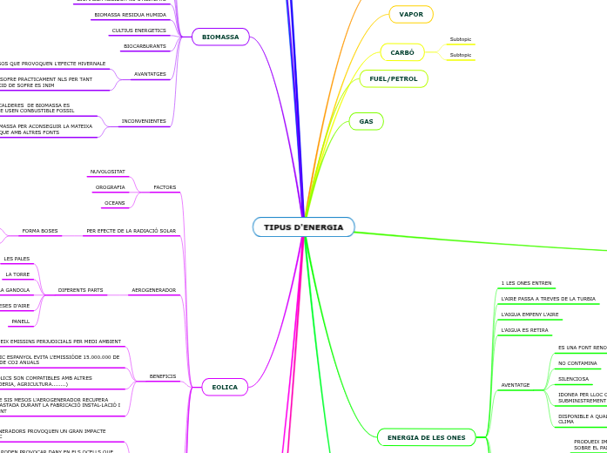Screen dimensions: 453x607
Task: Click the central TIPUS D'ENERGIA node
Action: click(303, 227)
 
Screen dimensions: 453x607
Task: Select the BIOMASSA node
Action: click(220, 37)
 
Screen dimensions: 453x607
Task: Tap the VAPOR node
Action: click(411, 14)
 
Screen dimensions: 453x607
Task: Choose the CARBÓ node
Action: click(402, 52)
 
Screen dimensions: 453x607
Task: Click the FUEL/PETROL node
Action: click(394, 78)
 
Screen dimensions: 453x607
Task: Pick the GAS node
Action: click(366, 121)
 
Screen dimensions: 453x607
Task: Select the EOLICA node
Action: click(225, 387)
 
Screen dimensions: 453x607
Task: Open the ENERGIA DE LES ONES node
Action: click(426, 437)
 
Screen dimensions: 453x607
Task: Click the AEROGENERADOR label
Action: click(153, 290)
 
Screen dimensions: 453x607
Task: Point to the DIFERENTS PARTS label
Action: click(80, 290)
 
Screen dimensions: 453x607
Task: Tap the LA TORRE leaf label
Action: click(17, 274)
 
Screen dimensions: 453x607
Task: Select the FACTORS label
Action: click(165, 187)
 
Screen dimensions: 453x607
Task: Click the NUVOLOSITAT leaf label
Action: click(107, 172)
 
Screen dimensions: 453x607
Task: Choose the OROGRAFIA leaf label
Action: click(110, 187)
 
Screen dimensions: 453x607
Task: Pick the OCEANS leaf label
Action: click(114, 203)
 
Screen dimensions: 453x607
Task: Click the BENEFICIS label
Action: click(163, 376)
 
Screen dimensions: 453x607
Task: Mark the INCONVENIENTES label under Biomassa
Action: click(144, 121)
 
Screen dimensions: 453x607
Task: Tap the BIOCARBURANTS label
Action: click(145, 46)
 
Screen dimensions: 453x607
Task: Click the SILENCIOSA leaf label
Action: click(573, 379)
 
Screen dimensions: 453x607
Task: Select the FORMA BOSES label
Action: click(39, 231)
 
